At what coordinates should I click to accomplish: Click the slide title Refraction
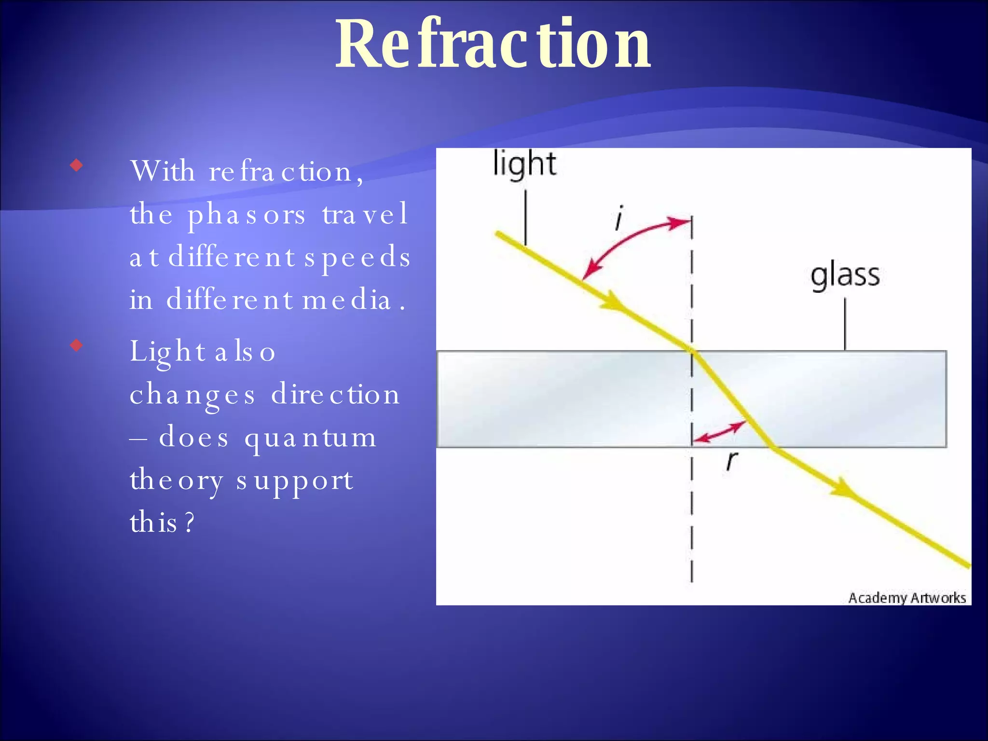click(x=493, y=44)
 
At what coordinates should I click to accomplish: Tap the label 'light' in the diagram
click(x=524, y=164)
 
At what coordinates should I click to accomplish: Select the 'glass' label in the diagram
click(x=845, y=276)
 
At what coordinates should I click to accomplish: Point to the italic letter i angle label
click(x=619, y=219)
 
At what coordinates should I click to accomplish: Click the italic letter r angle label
click(x=731, y=461)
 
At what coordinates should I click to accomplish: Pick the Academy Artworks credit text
click(x=907, y=598)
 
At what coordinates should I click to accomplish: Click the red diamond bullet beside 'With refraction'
click(x=76, y=166)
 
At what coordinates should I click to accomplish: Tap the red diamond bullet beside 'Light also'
click(x=76, y=345)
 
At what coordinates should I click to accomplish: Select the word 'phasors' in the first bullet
click(x=247, y=215)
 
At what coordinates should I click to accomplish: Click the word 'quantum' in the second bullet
click(x=310, y=438)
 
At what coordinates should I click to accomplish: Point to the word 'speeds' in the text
click(x=357, y=258)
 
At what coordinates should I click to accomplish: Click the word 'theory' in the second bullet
click(x=177, y=481)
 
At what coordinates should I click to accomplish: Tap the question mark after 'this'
click(x=190, y=522)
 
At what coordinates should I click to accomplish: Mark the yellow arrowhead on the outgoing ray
click(x=844, y=488)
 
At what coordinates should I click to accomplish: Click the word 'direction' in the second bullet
click(x=335, y=395)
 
